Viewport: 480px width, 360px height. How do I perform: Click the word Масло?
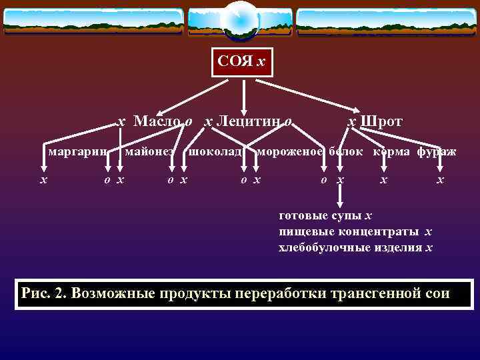point(157,121)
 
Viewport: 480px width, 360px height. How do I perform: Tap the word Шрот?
point(381,121)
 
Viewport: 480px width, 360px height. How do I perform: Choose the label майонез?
point(149,151)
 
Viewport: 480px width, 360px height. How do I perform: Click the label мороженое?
point(291,151)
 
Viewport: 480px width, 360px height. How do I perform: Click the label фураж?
point(437,151)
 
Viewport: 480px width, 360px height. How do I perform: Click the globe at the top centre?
point(239,20)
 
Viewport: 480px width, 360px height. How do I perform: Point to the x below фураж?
point(439,180)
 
